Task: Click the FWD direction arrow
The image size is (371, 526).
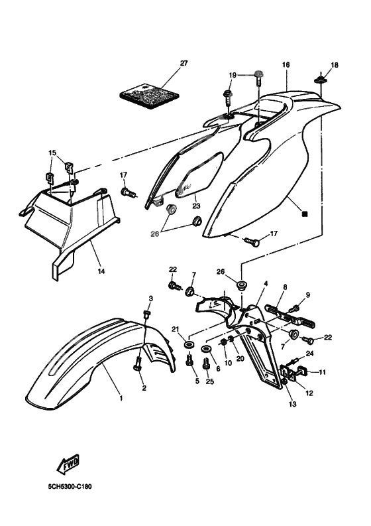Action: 68,464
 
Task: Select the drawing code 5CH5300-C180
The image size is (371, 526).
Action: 70,486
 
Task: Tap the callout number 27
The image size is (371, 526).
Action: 184,63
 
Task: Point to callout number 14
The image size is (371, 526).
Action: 101,271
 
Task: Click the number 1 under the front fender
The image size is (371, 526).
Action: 121,398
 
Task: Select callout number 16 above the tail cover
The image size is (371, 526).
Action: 286,64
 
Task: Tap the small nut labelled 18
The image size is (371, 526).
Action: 321,80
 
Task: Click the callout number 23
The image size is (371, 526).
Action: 196,206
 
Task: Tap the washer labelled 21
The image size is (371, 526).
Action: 189,344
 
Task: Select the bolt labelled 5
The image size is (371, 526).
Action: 189,360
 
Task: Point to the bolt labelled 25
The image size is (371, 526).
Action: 206,363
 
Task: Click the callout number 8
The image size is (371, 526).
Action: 285,287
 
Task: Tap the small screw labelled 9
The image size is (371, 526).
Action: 295,307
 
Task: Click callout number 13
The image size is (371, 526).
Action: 293,404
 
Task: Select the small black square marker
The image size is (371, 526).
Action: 304,214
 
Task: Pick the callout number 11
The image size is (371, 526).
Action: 323,372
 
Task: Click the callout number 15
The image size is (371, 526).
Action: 52,153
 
